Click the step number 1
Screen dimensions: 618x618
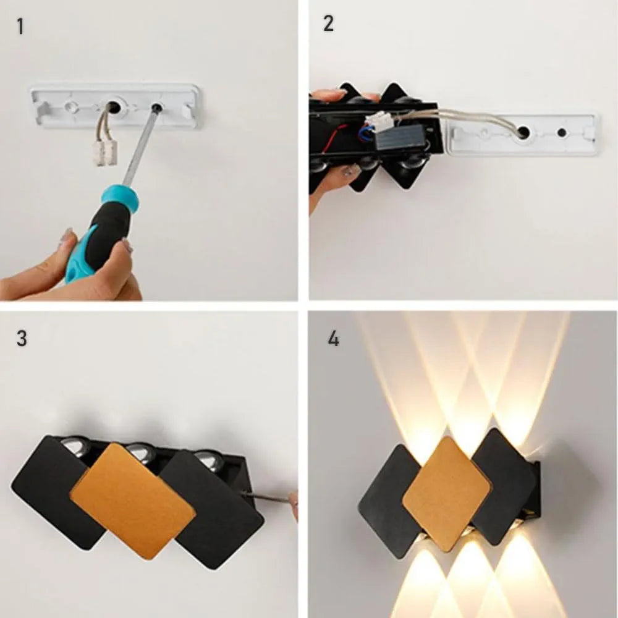pyautogui.click(x=20, y=27)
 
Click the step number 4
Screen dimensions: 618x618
pyautogui.click(x=334, y=339)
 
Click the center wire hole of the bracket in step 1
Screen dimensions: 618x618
pyautogui.click(x=114, y=106)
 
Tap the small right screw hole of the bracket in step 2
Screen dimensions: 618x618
pyautogui.click(x=562, y=132)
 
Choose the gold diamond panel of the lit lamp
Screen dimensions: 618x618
pyautogui.click(x=447, y=494)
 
